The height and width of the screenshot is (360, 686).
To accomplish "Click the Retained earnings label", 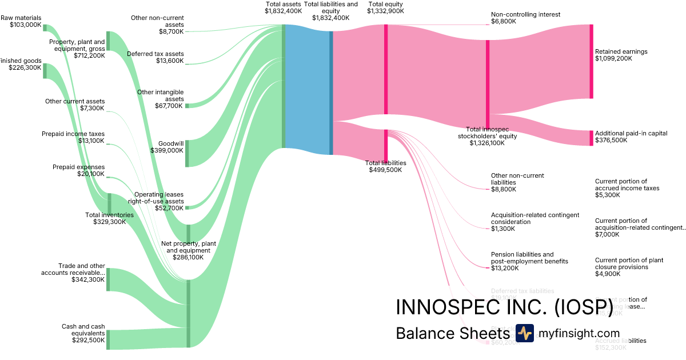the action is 621,55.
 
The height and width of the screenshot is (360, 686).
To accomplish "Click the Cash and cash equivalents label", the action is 83,333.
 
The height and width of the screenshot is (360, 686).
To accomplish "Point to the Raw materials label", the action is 21,22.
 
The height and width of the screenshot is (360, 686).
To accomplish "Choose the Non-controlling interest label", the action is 525,18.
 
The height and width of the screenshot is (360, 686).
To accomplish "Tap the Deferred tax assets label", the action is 155,57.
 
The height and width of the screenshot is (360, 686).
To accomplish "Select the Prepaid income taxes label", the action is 73,137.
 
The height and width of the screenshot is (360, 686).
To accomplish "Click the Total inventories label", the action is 109,218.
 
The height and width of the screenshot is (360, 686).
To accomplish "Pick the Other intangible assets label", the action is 161,99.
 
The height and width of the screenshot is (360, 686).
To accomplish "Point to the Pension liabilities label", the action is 529,258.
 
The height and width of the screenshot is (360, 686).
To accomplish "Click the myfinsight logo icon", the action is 524,333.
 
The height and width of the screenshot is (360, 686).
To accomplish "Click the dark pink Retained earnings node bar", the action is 591,61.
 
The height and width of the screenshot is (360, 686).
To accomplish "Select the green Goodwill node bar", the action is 187,153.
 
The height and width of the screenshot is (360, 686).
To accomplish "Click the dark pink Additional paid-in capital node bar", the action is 591,138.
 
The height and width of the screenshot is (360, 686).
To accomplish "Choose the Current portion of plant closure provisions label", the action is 629,263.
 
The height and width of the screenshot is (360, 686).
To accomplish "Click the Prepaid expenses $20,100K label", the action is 79,170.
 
